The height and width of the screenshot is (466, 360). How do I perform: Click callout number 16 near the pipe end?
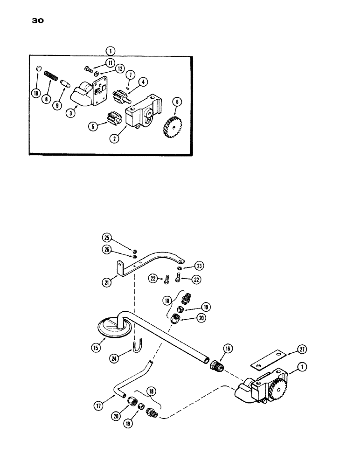pos(228,349)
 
